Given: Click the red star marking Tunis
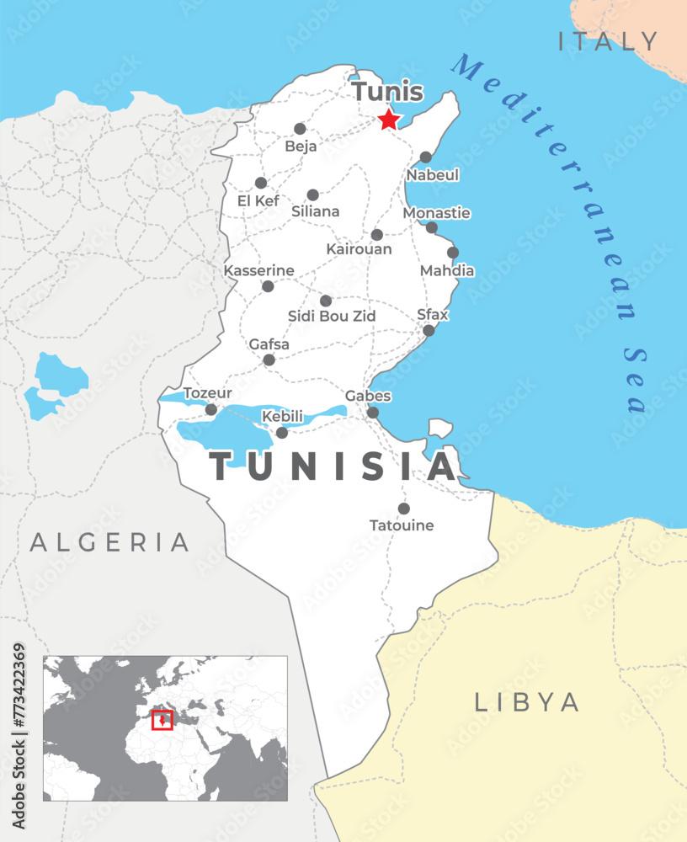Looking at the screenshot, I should (388, 120).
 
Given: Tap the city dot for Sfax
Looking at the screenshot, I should (429, 331).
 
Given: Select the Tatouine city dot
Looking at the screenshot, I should (404, 509).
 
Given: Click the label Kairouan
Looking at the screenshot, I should (359, 249).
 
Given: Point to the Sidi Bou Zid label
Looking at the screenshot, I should (332, 316).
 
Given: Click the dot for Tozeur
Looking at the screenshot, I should (211, 410).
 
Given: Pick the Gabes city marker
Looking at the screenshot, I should (373, 413).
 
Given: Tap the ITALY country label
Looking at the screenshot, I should (609, 41).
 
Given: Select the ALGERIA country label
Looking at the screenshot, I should (110, 542).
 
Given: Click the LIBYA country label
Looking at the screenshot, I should (527, 702).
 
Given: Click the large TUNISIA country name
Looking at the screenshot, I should (333, 466).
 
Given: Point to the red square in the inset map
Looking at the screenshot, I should (162, 720).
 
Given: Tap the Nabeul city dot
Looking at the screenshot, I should (426, 157).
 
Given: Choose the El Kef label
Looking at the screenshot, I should (258, 201).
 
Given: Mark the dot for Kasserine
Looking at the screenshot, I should (268, 286).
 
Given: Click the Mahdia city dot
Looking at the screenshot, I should (453, 253).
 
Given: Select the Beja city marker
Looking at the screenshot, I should (300, 129).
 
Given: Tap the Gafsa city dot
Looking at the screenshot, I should (269, 360).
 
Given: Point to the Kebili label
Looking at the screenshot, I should (282, 417).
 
